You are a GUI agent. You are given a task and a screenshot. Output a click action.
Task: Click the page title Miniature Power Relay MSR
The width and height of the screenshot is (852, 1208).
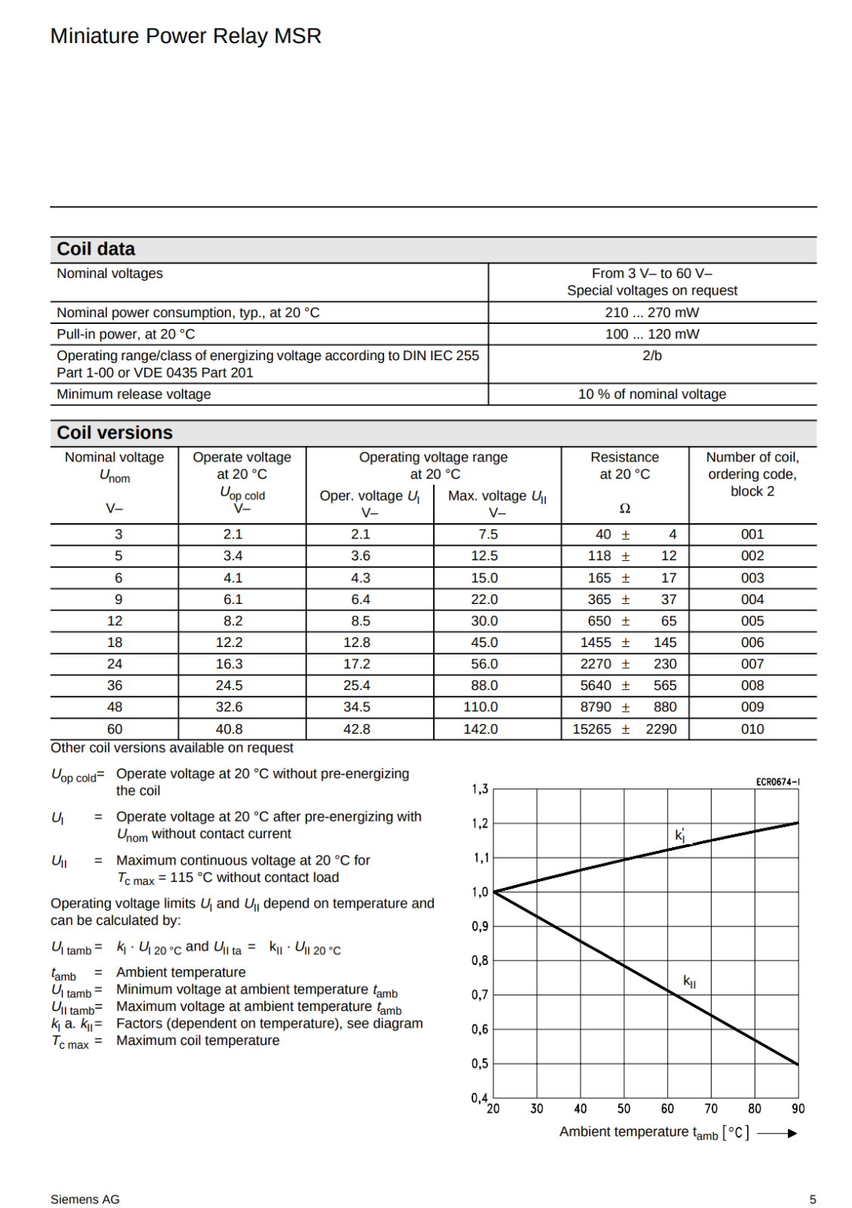186,36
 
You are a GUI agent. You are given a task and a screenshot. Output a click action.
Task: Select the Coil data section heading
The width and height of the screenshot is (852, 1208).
96,249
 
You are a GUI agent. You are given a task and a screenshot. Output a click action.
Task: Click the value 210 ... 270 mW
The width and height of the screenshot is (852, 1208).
652,313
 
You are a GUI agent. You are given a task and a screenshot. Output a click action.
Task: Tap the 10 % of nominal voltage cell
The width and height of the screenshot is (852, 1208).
652,394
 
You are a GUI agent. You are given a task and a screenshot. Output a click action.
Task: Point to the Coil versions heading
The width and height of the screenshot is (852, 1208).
115,433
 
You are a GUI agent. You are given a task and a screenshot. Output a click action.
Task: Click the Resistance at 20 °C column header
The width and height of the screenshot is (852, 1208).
624,466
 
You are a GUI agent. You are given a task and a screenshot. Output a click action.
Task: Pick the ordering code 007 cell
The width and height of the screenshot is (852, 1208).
752,664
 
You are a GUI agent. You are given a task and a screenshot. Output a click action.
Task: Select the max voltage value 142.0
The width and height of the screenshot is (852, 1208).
481,729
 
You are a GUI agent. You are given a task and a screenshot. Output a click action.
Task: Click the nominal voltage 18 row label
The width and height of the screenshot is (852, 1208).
115,643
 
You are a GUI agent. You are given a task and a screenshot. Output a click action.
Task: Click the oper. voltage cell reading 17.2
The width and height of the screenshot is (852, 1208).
357,664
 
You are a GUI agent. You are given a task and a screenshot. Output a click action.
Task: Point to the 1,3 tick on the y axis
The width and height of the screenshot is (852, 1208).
480,789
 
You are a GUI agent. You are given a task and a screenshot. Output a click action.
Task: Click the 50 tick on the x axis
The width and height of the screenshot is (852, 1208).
623,1108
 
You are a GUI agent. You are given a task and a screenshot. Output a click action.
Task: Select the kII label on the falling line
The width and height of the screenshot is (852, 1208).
689,981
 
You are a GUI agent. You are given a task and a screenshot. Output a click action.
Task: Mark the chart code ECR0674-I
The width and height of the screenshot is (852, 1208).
777,781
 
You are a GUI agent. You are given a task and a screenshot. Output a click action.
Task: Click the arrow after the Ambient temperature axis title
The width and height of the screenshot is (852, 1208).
777,1132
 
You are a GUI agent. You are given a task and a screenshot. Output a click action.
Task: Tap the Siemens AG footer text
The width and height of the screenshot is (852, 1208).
85,1199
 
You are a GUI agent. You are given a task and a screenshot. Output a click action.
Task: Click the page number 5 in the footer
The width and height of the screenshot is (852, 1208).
813,1199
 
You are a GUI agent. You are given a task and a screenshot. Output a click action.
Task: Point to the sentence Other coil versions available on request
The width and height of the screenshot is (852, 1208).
172,747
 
